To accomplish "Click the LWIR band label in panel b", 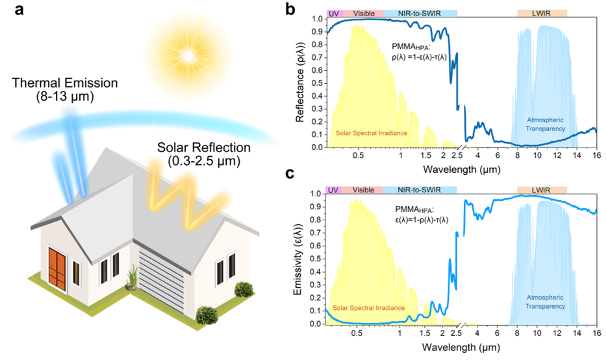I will [x=542, y=13].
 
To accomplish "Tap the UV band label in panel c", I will [x=333, y=190].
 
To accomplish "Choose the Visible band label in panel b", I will [x=363, y=13].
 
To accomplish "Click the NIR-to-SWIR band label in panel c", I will [x=420, y=190].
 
